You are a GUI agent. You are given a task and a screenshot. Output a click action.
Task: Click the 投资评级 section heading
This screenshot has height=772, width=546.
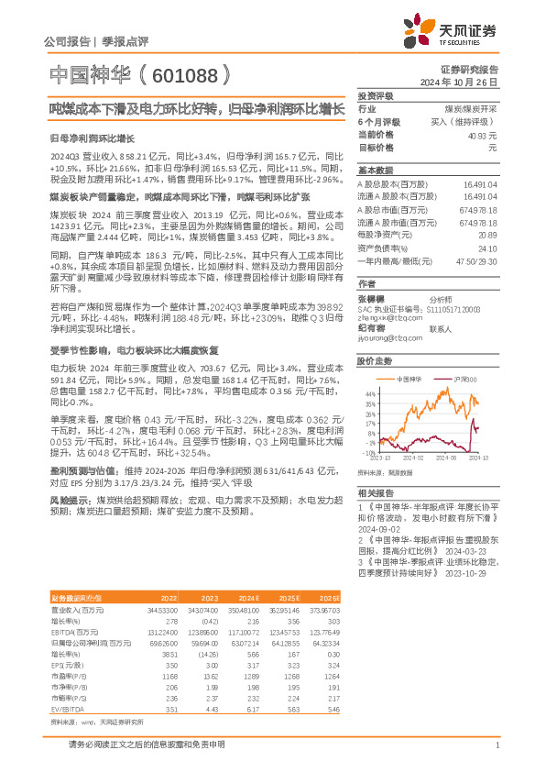(376, 95)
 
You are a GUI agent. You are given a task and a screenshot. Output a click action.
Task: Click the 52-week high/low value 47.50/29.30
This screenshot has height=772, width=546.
(475, 260)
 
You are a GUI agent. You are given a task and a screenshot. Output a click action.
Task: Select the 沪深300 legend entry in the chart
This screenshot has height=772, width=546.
(467, 378)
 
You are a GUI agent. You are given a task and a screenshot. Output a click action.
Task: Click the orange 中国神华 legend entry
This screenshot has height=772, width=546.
(408, 378)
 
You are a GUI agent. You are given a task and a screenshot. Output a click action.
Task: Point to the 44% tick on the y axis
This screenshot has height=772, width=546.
(370, 392)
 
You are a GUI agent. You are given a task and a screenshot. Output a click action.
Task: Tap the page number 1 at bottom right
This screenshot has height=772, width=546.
(496, 745)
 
